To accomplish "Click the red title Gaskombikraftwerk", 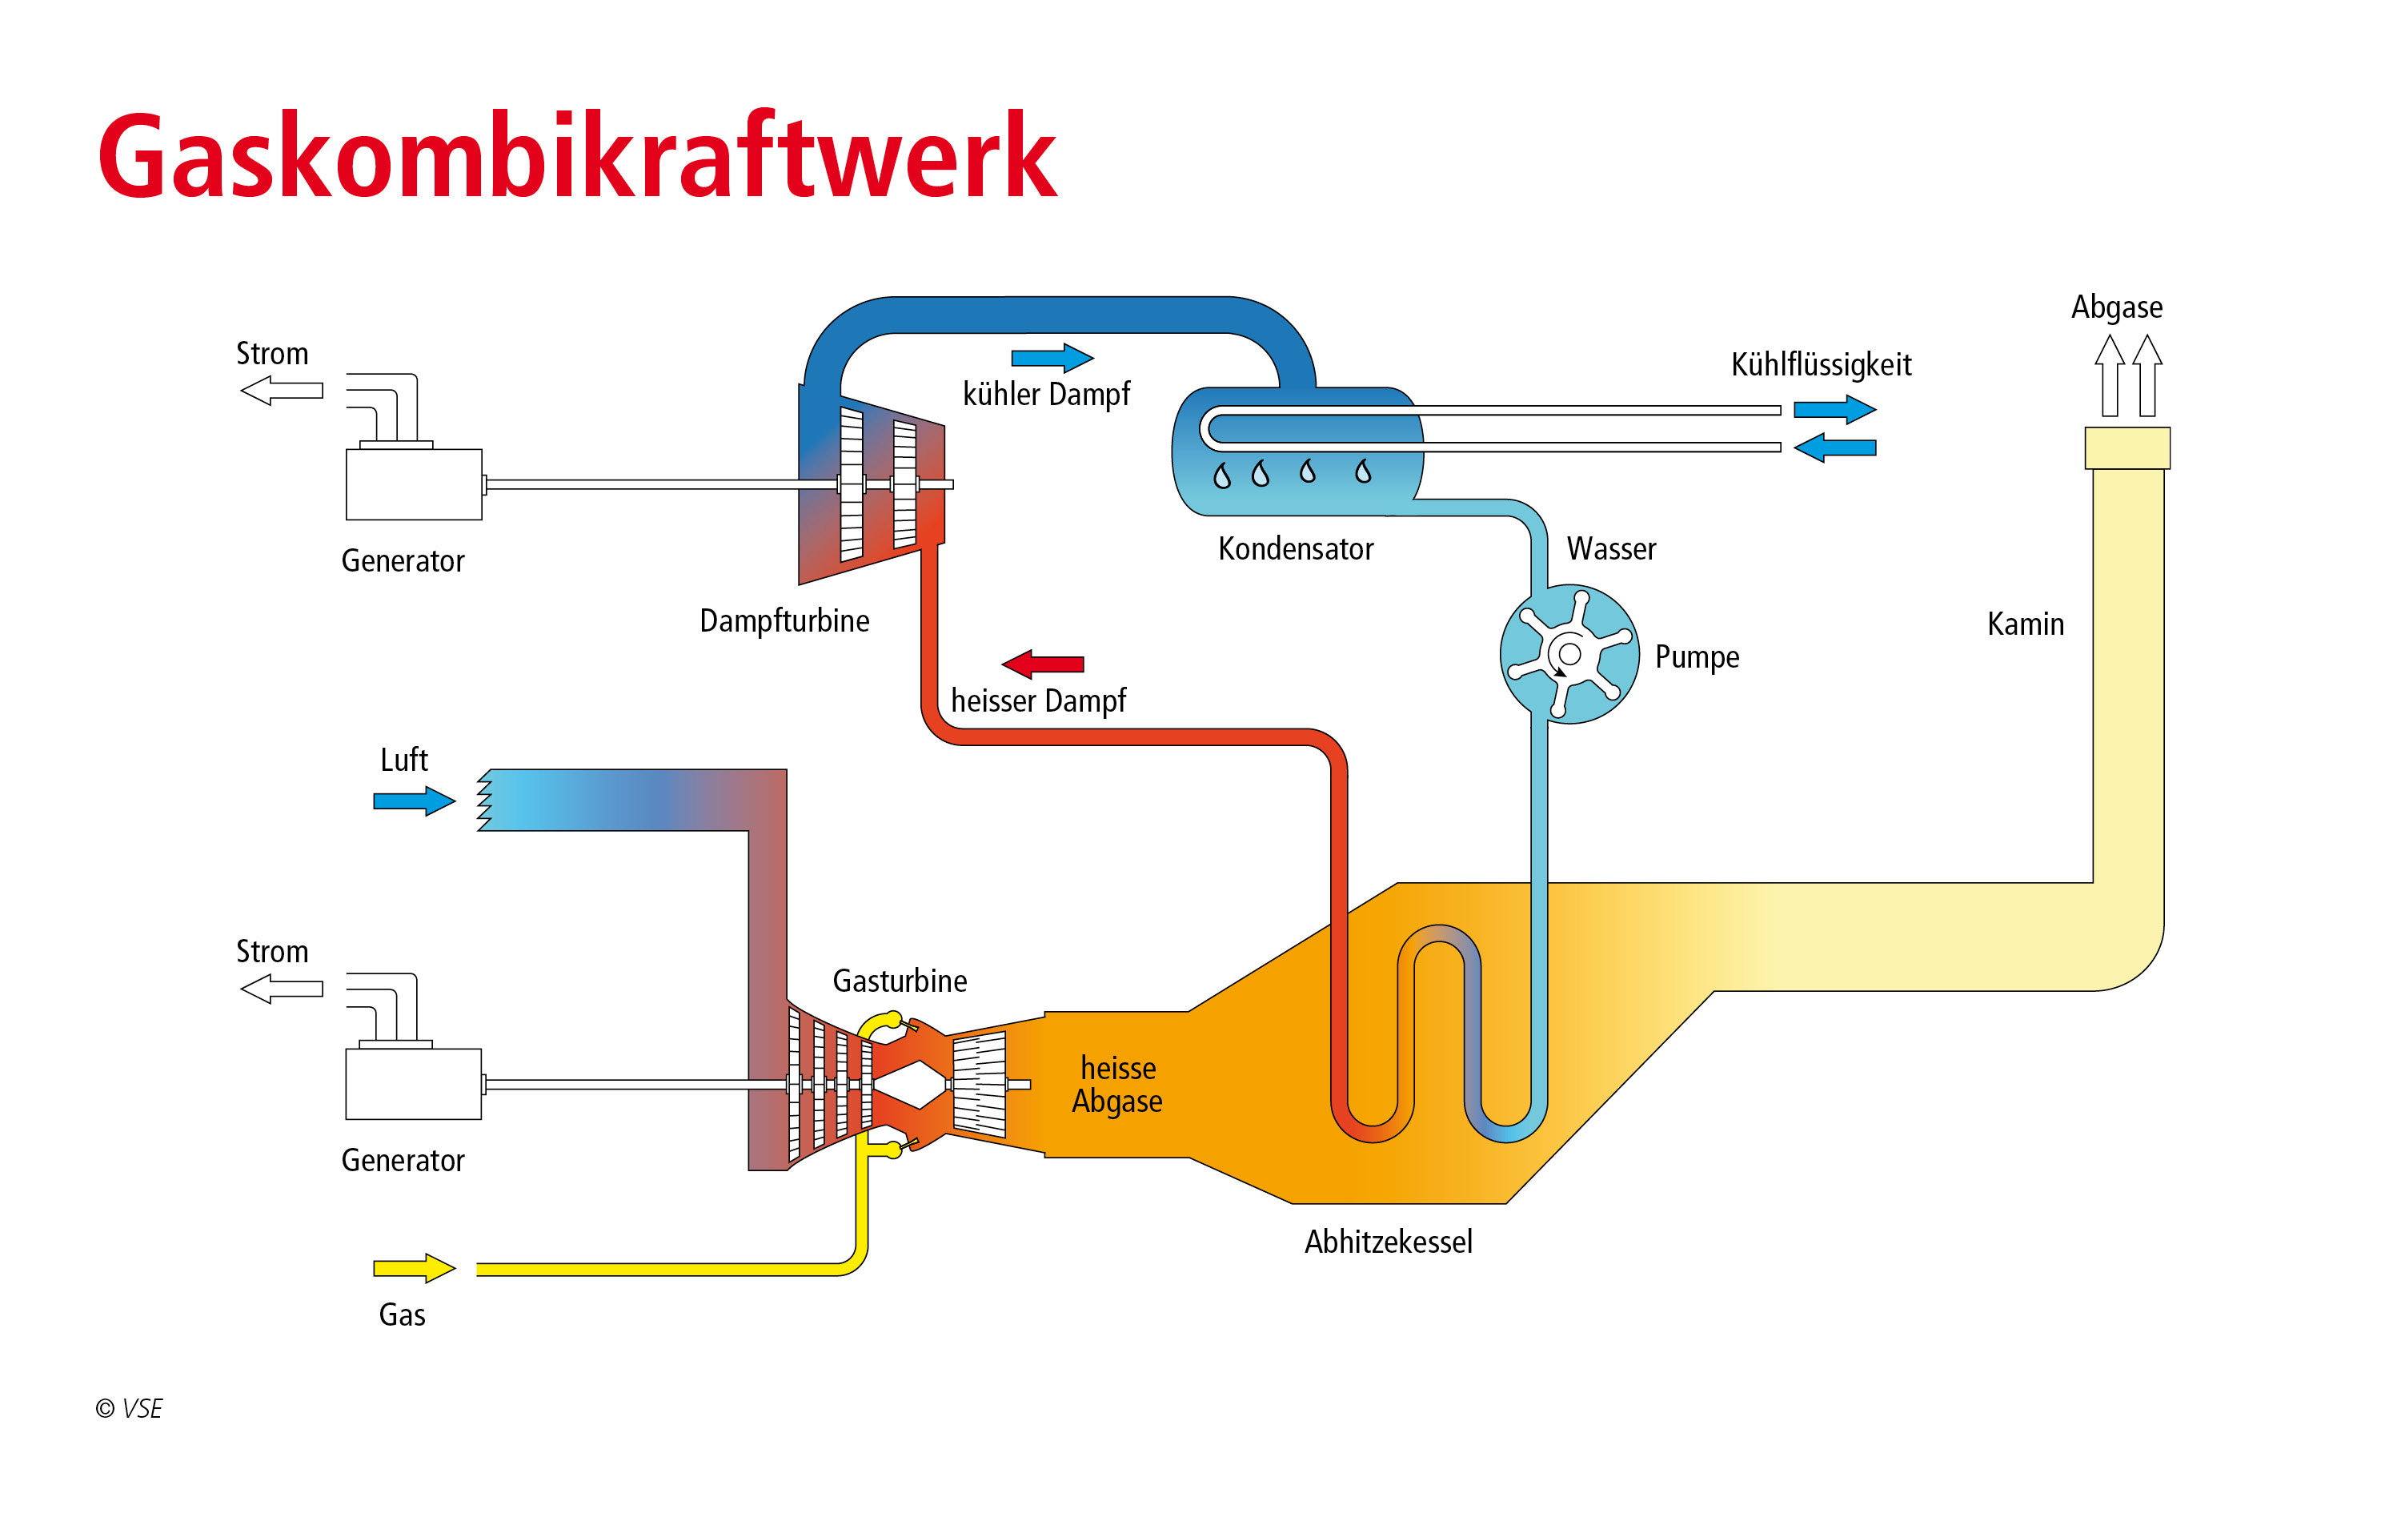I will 576,157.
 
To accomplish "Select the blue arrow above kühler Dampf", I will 1052,357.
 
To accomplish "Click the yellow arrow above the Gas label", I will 414,1268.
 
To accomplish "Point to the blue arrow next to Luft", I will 414,800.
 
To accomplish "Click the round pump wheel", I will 1569,653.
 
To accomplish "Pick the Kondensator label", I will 1295,548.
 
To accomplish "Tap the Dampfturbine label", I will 784,620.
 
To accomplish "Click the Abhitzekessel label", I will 1388,1242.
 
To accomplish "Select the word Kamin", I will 2024,624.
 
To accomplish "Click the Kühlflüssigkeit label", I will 1820,365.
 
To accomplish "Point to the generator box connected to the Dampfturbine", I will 413,484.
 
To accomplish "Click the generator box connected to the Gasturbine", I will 413,1083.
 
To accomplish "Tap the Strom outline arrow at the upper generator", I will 283,390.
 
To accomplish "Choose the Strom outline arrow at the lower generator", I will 283,989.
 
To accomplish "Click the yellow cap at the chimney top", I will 2126,447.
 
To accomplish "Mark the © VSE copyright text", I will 129,1408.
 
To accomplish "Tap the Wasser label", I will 1610,548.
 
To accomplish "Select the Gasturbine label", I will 900,981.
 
